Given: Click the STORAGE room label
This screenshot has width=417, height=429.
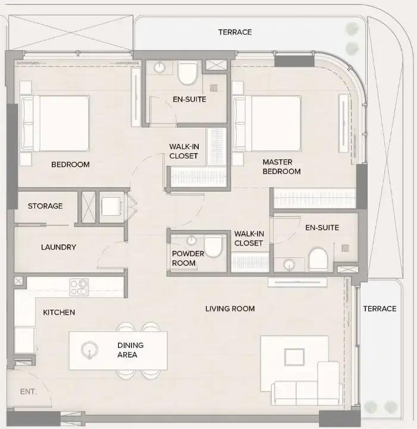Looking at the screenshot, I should point(45,206).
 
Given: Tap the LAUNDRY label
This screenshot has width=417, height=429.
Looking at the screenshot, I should point(58,247).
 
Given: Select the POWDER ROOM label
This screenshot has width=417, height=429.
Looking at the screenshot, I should point(188,259).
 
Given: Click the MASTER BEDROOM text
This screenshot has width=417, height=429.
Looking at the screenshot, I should point(281,167).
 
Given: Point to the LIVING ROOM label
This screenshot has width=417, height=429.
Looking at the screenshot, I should point(230,309).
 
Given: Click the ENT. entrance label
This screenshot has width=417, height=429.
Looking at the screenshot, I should point(28,391).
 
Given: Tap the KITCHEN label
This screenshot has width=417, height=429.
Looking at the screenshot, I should point(59,312).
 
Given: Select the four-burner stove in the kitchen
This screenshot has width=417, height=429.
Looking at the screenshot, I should point(79,287).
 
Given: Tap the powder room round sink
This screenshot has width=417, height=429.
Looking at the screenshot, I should point(192,241).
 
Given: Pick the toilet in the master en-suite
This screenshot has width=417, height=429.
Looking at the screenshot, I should point(318,259).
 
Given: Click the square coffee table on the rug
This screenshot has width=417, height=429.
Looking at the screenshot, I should point(294,357).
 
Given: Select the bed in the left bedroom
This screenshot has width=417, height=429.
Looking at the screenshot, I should point(55,123).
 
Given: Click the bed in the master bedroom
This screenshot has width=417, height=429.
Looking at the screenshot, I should point(268,123).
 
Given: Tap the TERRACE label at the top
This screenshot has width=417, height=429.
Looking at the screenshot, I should point(234,32).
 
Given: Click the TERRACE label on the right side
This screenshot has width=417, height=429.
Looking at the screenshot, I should point(380,309).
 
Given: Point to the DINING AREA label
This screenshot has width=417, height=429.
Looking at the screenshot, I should point(130,350).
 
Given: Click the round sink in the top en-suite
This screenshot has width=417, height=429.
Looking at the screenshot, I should point(160,67).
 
